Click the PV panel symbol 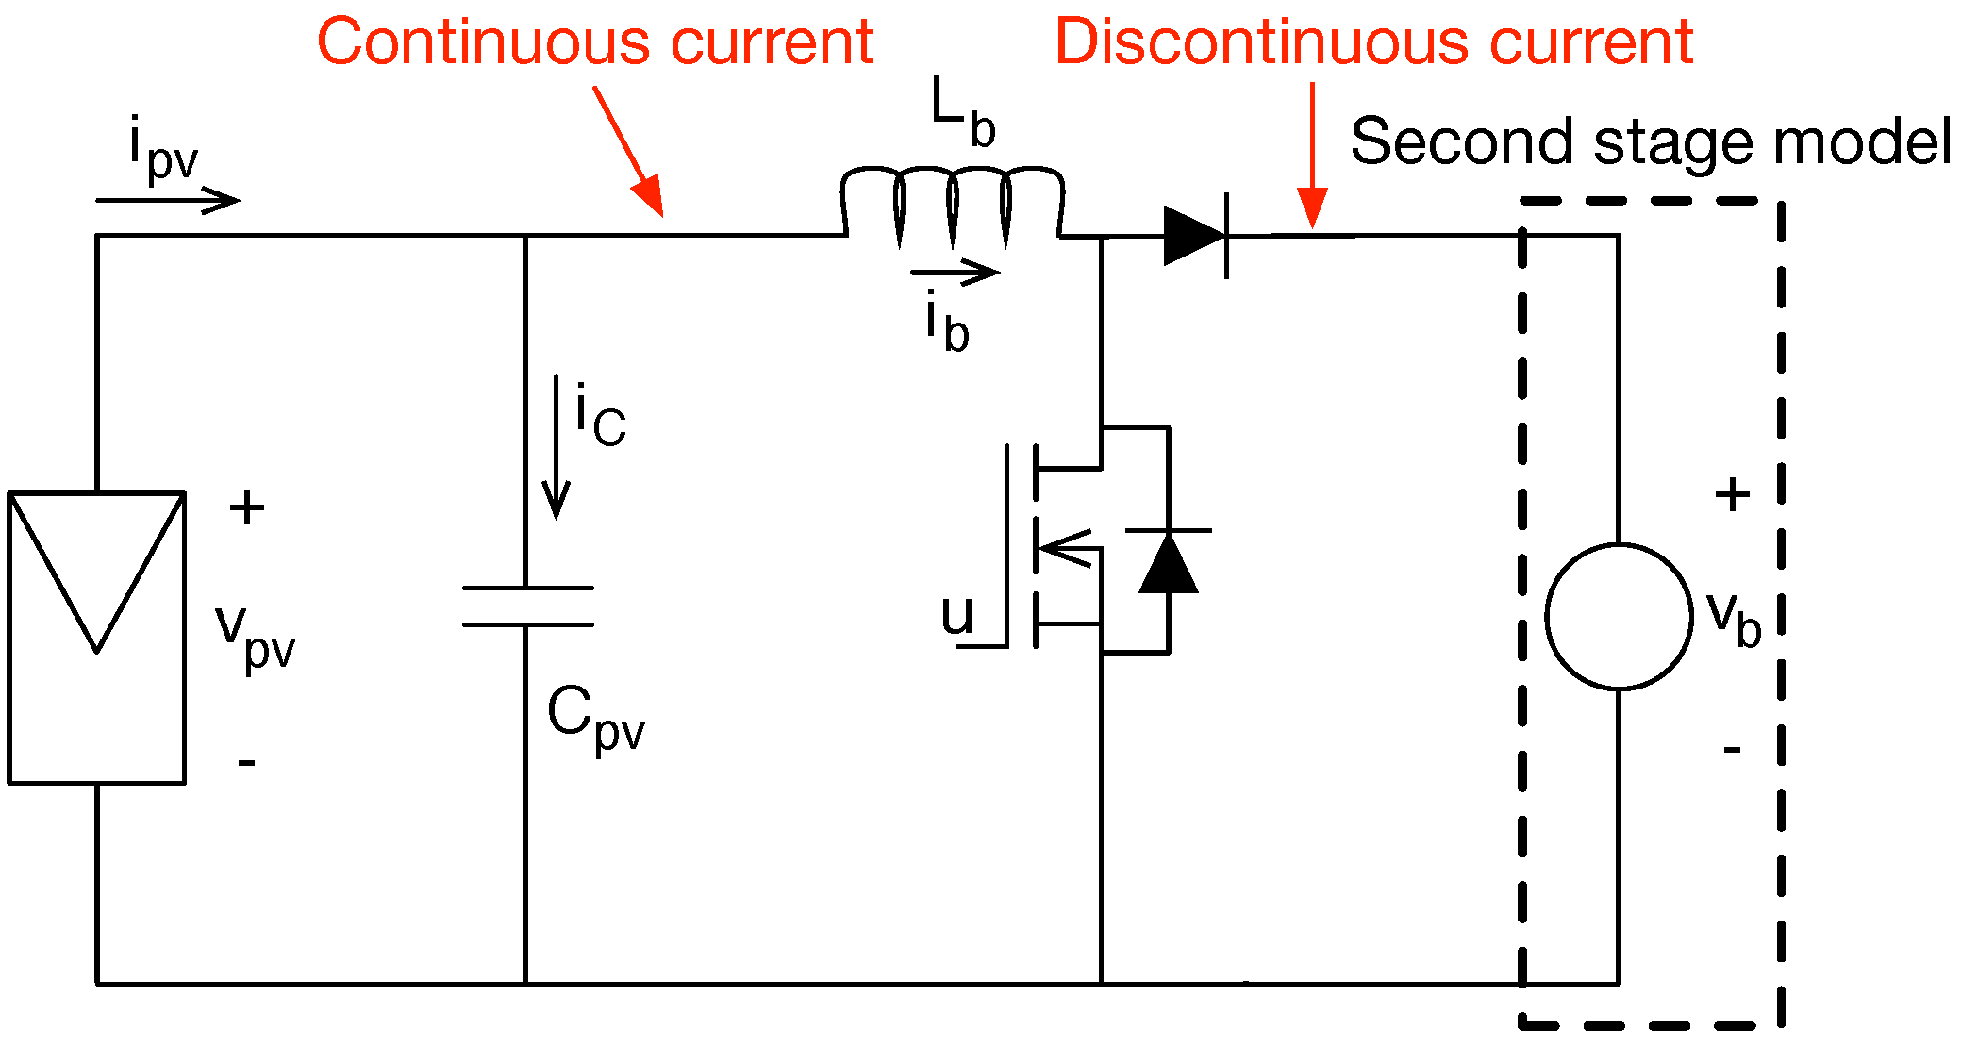[96, 637]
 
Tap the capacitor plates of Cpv [527, 606]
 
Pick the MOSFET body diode [1169, 562]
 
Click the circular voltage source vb [1619, 616]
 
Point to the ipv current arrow [168, 200]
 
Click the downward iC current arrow [557, 448]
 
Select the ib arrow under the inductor [955, 274]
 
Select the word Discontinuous [1259, 42]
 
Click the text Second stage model [1650, 142]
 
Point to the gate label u [956, 615]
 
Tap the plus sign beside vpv [247, 507]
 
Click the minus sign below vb [1732, 750]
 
